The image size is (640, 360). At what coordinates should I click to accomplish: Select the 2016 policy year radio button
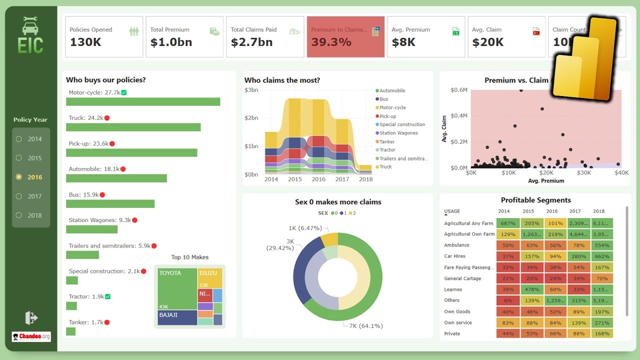pos(19,177)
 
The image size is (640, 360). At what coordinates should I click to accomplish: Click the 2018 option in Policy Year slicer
pos(19,215)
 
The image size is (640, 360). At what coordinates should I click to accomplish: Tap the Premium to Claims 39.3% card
pos(345,37)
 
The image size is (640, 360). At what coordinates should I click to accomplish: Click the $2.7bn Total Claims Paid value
pos(251,42)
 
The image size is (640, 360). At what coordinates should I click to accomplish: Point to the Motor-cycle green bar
pos(143,102)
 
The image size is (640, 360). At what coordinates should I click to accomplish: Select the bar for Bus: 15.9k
pos(110,204)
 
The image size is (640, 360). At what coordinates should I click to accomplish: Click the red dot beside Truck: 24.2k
pos(107,118)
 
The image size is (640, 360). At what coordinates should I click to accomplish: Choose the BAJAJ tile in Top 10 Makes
pos(177,318)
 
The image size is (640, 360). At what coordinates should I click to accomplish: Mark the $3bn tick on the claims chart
pos(251,90)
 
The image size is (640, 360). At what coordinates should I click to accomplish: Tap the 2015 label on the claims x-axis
pos(294,179)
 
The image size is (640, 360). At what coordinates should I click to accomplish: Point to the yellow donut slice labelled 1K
pos(329,239)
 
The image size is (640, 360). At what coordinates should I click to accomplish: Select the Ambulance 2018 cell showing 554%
pos(602,245)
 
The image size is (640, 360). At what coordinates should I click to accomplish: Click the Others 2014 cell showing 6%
pos(508,300)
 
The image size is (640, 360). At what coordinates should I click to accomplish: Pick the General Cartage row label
pos(462,278)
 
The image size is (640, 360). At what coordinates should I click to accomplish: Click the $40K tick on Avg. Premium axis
pos(621,173)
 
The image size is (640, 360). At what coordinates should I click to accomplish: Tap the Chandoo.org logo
pos(31,337)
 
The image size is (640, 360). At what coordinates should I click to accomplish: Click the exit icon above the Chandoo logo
pos(31,317)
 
